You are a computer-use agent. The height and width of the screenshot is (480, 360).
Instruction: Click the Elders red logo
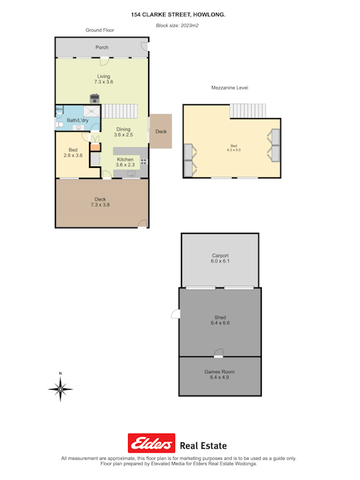click(x=152, y=443)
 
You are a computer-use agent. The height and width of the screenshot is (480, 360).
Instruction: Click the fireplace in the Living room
click(x=95, y=98)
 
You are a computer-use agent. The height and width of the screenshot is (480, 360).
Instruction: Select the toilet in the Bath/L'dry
click(x=59, y=124)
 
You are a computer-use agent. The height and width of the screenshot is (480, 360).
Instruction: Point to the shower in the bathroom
click(x=92, y=112)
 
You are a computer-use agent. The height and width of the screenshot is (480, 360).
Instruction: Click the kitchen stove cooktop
click(x=144, y=161)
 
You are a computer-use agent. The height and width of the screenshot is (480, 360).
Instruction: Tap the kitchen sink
click(x=131, y=174)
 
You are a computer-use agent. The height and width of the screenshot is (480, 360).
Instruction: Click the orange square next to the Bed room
click(x=95, y=147)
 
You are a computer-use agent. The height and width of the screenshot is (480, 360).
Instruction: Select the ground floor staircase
click(x=120, y=111)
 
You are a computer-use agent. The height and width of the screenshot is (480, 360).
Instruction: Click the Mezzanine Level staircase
click(x=248, y=111)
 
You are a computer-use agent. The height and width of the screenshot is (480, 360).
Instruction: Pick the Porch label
click(x=102, y=48)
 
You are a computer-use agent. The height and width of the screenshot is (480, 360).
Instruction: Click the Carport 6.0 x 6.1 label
click(x=220, y=258)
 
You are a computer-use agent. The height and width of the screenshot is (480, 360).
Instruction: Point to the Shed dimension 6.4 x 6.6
click(x=220, y=323)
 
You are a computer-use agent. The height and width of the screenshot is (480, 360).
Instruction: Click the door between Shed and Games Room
click(x=218, y=353)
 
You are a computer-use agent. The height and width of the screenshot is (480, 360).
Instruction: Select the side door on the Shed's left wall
click(x=176, y=314)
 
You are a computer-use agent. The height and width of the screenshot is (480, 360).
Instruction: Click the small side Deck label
click(x=161, y=132)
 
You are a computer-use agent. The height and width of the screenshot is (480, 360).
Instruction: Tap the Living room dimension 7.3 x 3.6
click(x=104, y=82)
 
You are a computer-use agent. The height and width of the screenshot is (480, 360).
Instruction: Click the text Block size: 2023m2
click(x=177, y=26)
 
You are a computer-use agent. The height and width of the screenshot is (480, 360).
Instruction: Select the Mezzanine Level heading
click(x=230, y=88)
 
